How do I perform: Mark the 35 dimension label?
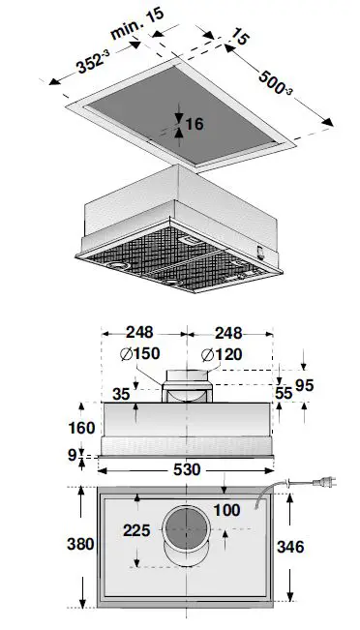coord(121,394)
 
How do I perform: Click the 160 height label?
coord(82,427)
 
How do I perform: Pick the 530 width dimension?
coord(186,469)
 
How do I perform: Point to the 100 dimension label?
coord(227,509)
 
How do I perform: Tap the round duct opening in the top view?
coord(185,532)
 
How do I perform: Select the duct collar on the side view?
coord(187,392)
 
